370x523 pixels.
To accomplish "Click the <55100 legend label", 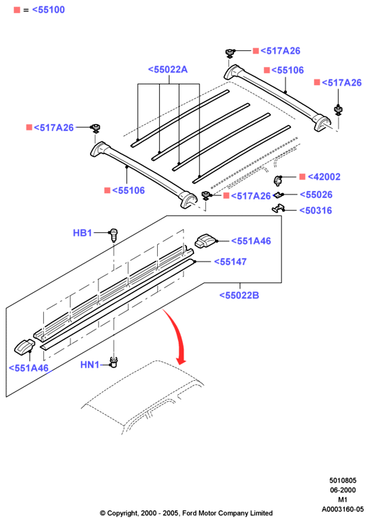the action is [48, 10].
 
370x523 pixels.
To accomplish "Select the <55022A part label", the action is [168, 69].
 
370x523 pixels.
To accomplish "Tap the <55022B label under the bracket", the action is [239, 295].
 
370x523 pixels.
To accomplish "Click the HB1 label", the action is [82, 233].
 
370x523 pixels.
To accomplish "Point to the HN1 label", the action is [90, 365].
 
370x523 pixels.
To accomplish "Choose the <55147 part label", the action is [230, 261].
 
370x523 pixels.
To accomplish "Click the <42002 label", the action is [324, 177].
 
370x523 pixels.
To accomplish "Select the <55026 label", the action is [316, 195].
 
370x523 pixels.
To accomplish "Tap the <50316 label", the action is [316, 211].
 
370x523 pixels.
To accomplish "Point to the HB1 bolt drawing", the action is [114, 235].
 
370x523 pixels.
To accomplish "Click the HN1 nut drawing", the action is [114, 362].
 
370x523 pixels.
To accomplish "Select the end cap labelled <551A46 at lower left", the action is [24, 346].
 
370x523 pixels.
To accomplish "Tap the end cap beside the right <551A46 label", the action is [207, 241].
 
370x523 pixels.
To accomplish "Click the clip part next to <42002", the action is [278, 180].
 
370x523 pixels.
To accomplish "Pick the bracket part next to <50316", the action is [278, 209].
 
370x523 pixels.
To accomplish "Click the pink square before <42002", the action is [302, 177].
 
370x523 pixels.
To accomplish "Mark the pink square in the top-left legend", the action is [17, 10].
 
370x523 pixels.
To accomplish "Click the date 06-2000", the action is [343, 490].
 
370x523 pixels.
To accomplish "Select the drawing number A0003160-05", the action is [343, 509].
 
